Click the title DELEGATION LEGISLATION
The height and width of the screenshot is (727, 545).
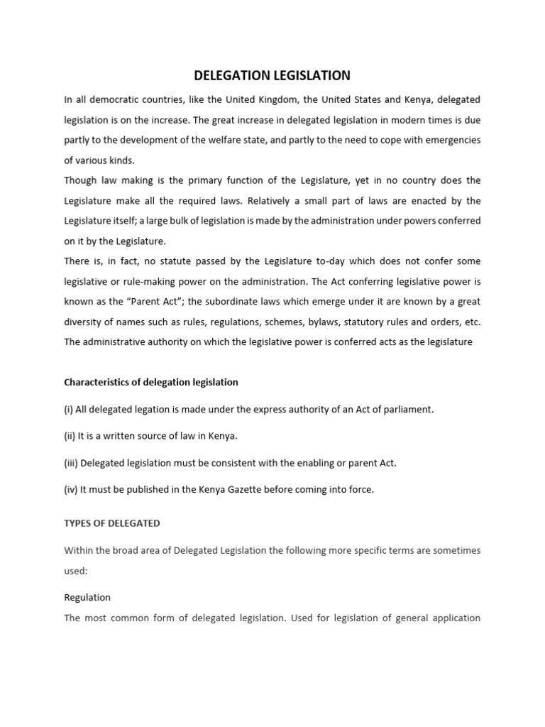pos(272,75)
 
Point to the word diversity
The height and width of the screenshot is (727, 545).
pos(86,322)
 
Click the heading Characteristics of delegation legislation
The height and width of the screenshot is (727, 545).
pos(151,382)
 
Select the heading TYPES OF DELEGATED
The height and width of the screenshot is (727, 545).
pos(112,523)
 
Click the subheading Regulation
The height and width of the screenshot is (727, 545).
pos(87,598)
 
